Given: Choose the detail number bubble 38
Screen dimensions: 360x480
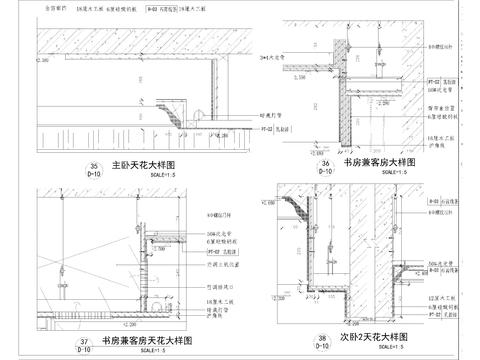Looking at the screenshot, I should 322,341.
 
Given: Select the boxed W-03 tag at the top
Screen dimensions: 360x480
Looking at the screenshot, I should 152,7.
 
